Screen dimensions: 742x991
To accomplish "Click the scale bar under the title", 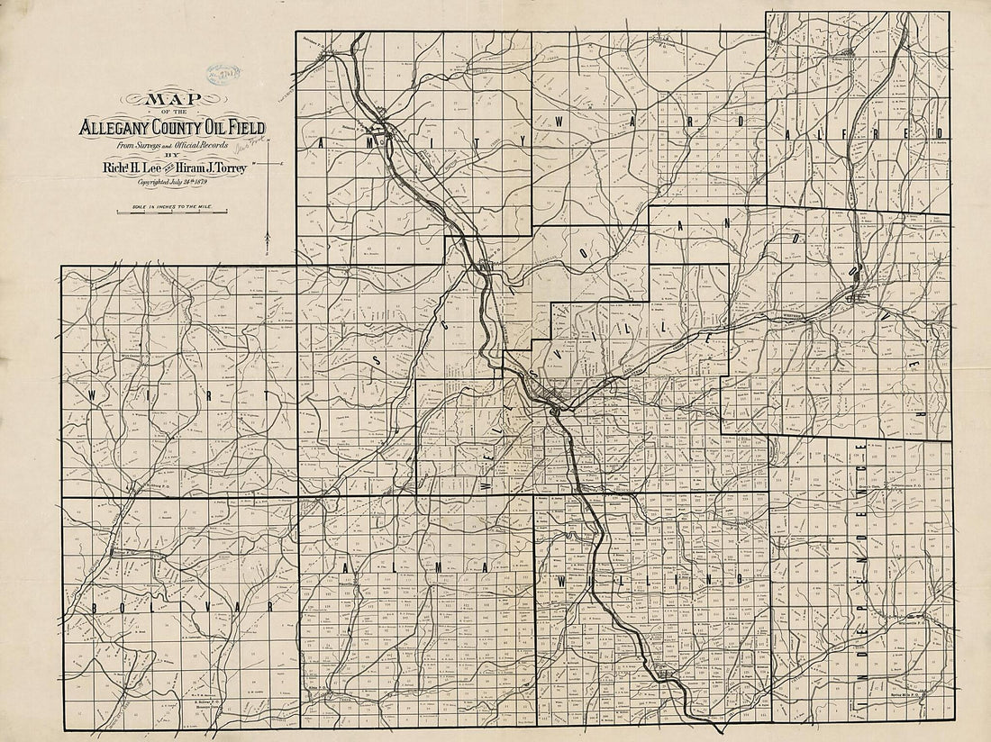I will (x=172, y=213).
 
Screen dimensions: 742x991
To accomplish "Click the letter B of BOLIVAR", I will (x=95, y=607).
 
